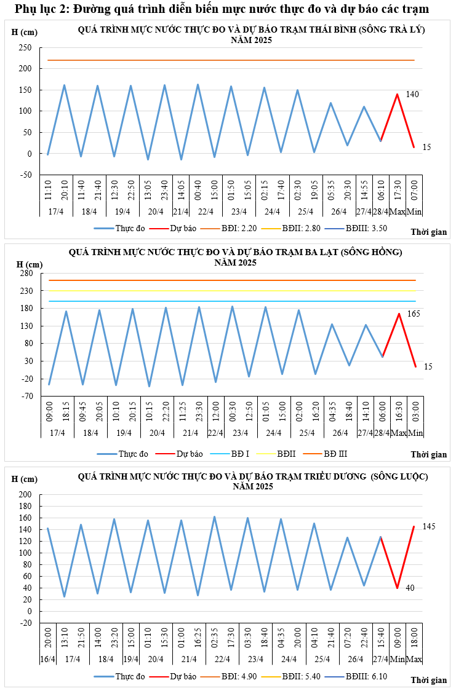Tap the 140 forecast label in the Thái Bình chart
point(412,94)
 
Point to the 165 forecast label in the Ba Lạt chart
point(414,314)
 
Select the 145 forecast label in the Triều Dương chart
point(429,527)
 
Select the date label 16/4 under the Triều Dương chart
point(47,659)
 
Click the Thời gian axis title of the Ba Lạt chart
point(428,455)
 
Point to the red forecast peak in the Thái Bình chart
point(397,94)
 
